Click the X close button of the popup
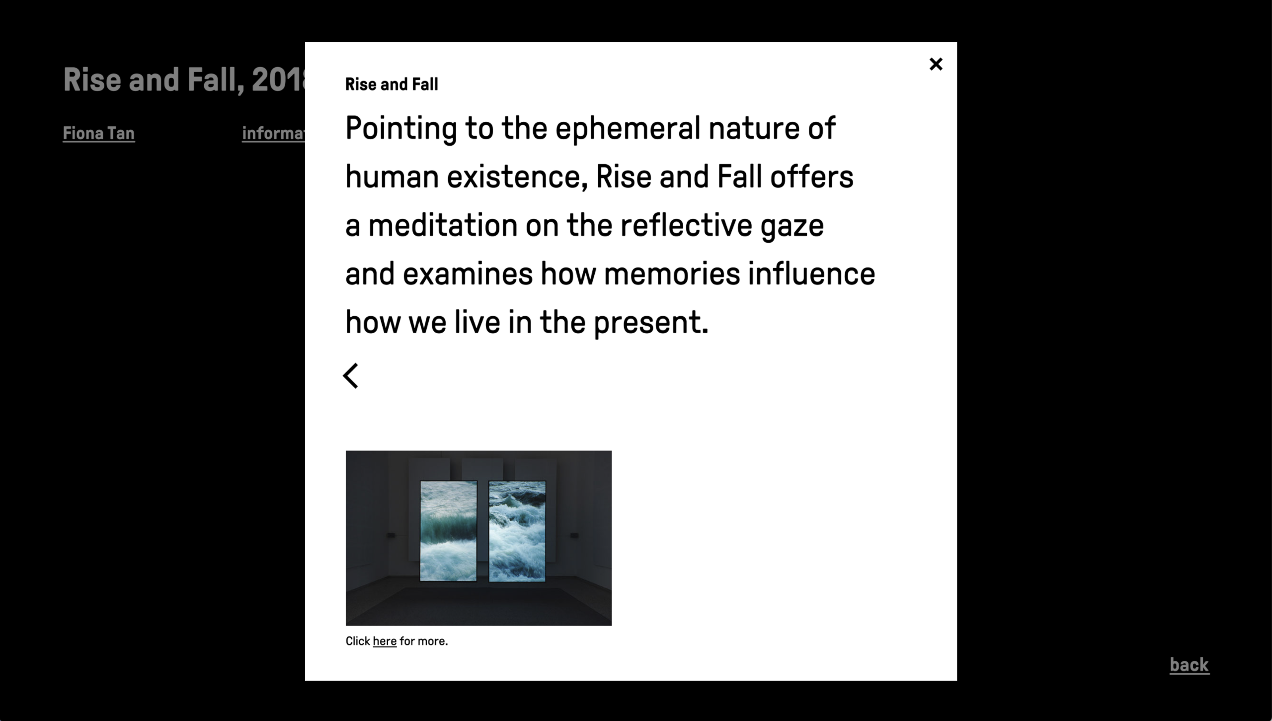(x=936, y=64)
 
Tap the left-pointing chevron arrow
(x=350, y=375)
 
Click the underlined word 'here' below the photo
(x=385, y=641)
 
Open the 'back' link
(x=1189, y=665)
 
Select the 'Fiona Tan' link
(x=99, y=133)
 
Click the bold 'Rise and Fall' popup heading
(x=392, y=85)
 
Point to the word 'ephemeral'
(x=628, y=129)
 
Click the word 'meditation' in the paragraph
(x=443, y=225)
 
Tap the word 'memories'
(x=672, y=274)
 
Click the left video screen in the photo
(x=448, y=531)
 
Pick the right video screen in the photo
(x=517, y=531)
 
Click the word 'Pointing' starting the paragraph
(x=401, y=129)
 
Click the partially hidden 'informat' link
(x=274, y=133)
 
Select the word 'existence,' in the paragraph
(x=517, y=177)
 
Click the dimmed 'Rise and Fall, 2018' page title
(x=184, y=80)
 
